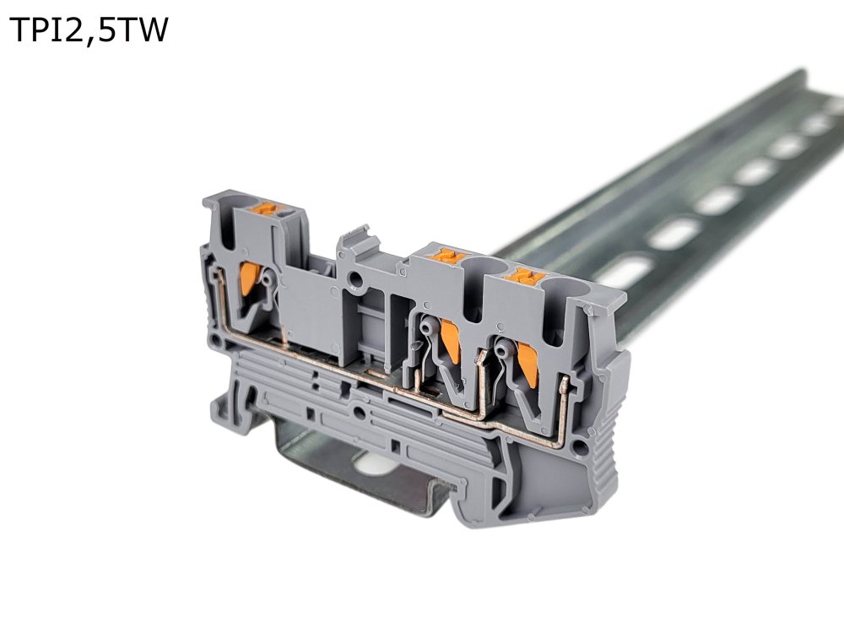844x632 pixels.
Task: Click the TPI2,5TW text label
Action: click(89, 30)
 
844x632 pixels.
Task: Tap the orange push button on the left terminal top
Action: click(266, 208)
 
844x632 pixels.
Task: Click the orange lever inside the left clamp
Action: click(249, 278)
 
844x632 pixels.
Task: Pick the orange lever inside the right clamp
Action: click(527, 366)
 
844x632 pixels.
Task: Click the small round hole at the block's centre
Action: click(355, 278)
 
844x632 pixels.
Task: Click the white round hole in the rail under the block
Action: click(373, 463)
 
